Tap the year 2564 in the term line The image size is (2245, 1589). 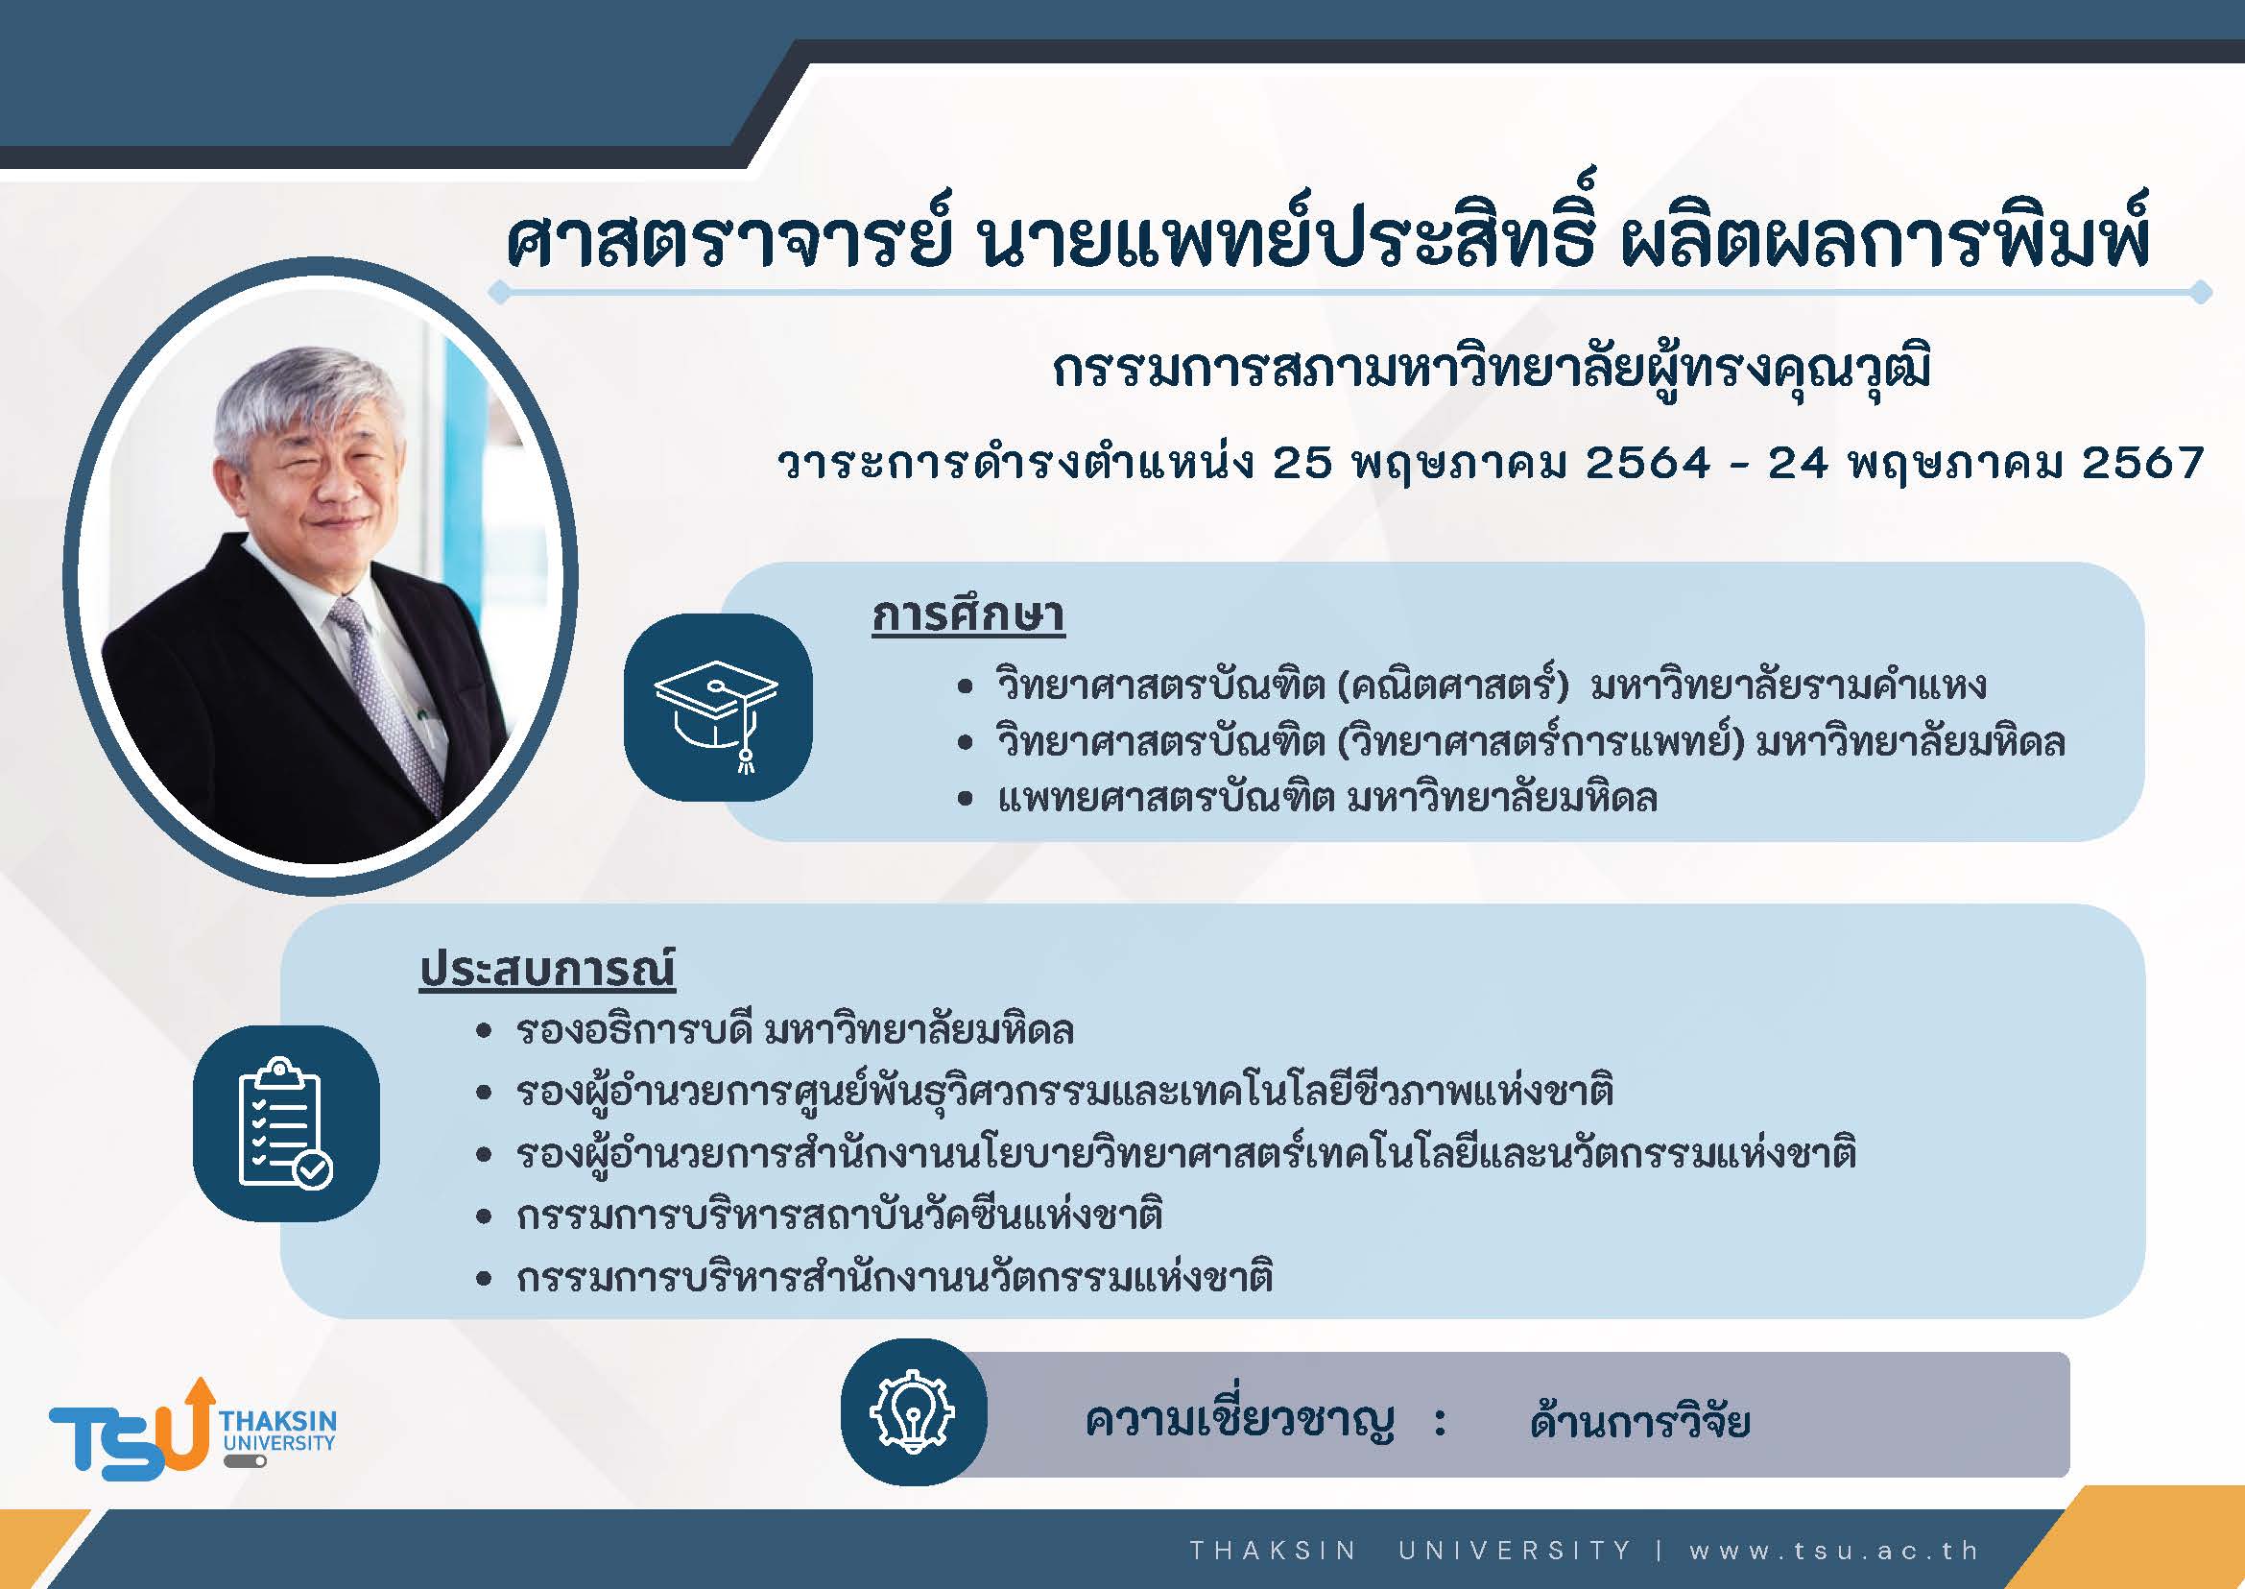(x=1647, y=462)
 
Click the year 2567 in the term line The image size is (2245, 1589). (x=2141, y=462)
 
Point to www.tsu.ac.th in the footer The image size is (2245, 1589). (x=1834, y=1550)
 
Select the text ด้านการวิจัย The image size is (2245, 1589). (x=1639, y=1420)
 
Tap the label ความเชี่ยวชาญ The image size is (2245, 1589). (x=1239, y=1421)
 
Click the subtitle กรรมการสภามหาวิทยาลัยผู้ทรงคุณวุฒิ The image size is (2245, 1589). (x=1493, y=373)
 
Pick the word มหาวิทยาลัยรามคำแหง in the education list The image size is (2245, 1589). (x=1788, y=684)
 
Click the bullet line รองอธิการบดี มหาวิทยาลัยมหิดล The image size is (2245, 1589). (x=796, y=1030)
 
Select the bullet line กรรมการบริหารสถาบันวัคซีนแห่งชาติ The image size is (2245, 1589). (x=839, y=1216)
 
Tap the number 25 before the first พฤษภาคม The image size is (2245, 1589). (x=1302, y=462)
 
